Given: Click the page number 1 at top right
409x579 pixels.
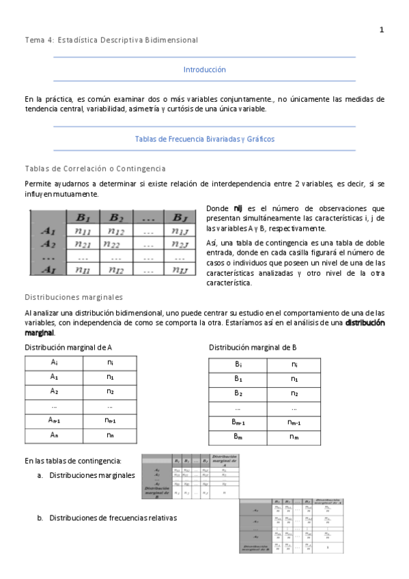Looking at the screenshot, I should (382, 29).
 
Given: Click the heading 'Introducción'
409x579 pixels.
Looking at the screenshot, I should (204, 70).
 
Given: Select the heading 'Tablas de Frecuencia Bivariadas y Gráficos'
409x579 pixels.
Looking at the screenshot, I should (204, 139).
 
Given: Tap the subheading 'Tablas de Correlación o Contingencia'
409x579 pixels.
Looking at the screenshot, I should (95, 169).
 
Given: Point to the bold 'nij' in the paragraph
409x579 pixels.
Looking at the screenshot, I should (238, 208).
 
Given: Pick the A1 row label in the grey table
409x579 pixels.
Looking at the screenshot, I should (48, 231).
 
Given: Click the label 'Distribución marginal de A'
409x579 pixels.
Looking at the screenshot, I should (68, 348).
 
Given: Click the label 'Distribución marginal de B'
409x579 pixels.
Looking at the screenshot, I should (253, 348).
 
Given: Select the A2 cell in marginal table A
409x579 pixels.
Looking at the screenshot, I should (54, 391).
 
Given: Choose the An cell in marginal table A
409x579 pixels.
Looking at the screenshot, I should (54, 435).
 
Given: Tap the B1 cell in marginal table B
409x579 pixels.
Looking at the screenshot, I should (238, 378).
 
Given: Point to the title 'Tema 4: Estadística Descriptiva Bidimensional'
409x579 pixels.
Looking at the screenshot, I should (111, 40).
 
